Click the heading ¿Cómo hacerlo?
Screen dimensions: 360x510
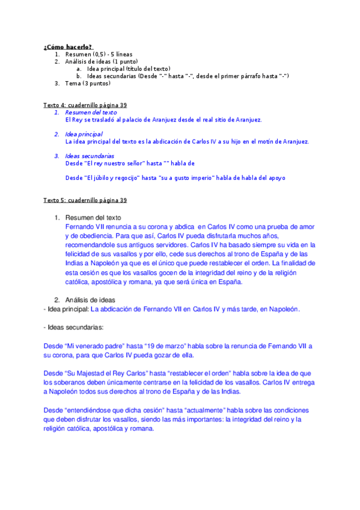point(68,47)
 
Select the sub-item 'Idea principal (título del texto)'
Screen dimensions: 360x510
point(129,69)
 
